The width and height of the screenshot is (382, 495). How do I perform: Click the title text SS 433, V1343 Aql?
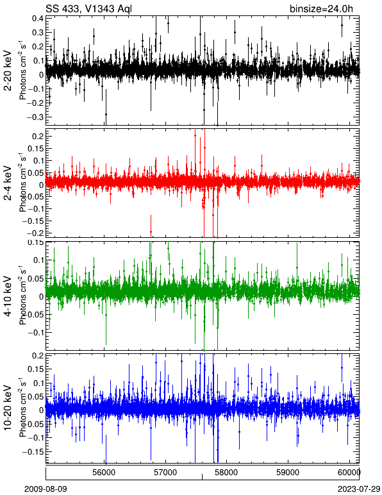[x=88, y=8]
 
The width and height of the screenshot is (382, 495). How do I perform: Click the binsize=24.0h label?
[x=321, y=8]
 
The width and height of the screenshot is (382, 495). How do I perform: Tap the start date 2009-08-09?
[x=46, y=489]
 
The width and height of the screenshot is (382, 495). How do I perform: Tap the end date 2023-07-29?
[x=359, y=489]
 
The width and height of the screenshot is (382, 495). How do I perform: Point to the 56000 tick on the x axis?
[x=104, y=473]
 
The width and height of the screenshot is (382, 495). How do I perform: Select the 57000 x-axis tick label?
[x=166, y=473]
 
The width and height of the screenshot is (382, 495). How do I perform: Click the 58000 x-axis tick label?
[x=228, y=473]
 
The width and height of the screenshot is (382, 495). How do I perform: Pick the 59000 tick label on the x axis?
[x=288, y=473]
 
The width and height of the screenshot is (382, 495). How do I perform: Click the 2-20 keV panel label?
[x=8, y=71]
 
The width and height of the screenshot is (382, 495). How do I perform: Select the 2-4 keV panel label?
[x=8, y=183]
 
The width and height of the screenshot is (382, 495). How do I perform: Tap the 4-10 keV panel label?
[x=8, y=296]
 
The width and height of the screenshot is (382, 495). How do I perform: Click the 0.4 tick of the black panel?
[x=38, y=18]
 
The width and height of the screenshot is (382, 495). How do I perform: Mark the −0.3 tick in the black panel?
[x=35, y=117]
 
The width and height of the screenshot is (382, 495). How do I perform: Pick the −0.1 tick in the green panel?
[x=35, y=332]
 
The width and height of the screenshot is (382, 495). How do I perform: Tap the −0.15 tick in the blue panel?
[x=33, y=452]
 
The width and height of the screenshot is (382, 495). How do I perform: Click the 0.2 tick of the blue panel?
[x=38, y=355]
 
